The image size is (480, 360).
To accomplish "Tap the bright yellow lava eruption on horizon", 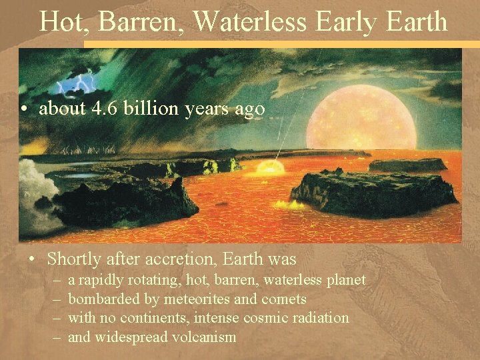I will [270, 167].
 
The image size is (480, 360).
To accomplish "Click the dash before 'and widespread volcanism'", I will [57, 337].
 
